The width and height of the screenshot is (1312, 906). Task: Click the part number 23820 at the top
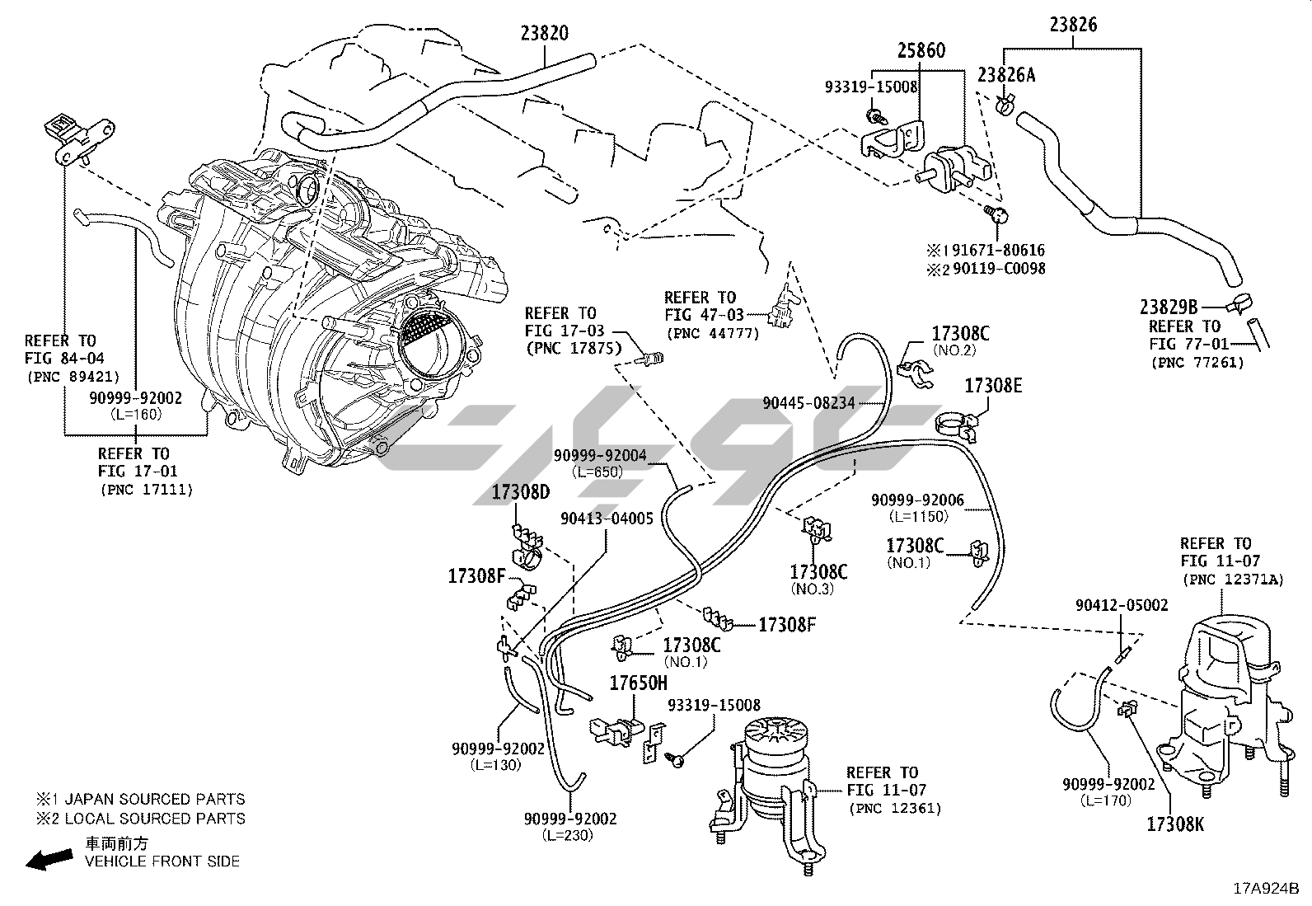(544, 33)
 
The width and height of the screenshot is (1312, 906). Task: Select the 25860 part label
(921, 51)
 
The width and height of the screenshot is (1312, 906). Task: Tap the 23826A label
(1006, 75)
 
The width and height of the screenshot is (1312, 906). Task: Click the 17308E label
(993, 385)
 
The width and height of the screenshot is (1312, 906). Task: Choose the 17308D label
(520, 493)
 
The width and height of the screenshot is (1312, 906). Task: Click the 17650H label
(638, 683)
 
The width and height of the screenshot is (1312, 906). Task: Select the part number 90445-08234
(808, 402)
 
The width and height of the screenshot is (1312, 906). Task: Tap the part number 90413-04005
(607, 519)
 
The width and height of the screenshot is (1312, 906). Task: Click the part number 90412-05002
(1122, 605)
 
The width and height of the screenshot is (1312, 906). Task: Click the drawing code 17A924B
(1265, 889)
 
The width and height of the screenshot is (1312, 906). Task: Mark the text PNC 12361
(894, 808)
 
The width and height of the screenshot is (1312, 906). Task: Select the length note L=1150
(917, 517)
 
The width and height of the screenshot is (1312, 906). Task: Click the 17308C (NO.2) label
(960, 334)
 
